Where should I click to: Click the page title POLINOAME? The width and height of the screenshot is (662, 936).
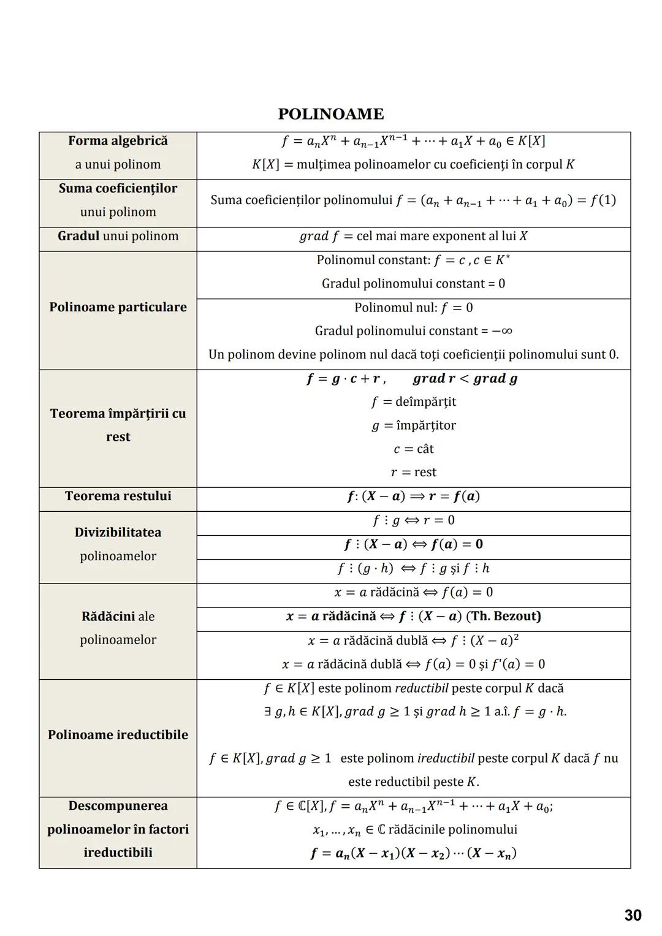pos(331,114)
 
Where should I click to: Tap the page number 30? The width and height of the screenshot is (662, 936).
pos(633,915)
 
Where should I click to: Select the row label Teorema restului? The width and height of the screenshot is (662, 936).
pos(118,496)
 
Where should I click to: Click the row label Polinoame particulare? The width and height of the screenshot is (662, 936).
pos(118,307)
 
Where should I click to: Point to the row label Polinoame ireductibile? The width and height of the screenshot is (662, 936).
pos(118,734)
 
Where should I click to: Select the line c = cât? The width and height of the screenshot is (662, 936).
pos(414,449)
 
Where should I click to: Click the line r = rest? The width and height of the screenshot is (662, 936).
pos(414,472)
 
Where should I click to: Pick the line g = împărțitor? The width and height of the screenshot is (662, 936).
pos(414,425)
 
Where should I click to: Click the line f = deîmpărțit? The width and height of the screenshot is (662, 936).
pos(414,402)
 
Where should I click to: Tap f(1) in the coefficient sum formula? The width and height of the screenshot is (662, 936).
pos(603,200)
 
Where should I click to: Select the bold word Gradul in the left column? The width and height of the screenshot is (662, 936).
pos(78,236)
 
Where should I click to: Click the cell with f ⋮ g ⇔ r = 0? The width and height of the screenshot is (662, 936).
pos(414,520)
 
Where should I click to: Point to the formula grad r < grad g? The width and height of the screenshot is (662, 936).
pos(465,379)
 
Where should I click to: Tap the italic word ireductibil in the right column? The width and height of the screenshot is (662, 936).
pos(446,758)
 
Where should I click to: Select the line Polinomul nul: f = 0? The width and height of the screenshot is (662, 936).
pos(414,307)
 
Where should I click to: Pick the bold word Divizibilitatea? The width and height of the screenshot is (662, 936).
pos(118,532)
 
